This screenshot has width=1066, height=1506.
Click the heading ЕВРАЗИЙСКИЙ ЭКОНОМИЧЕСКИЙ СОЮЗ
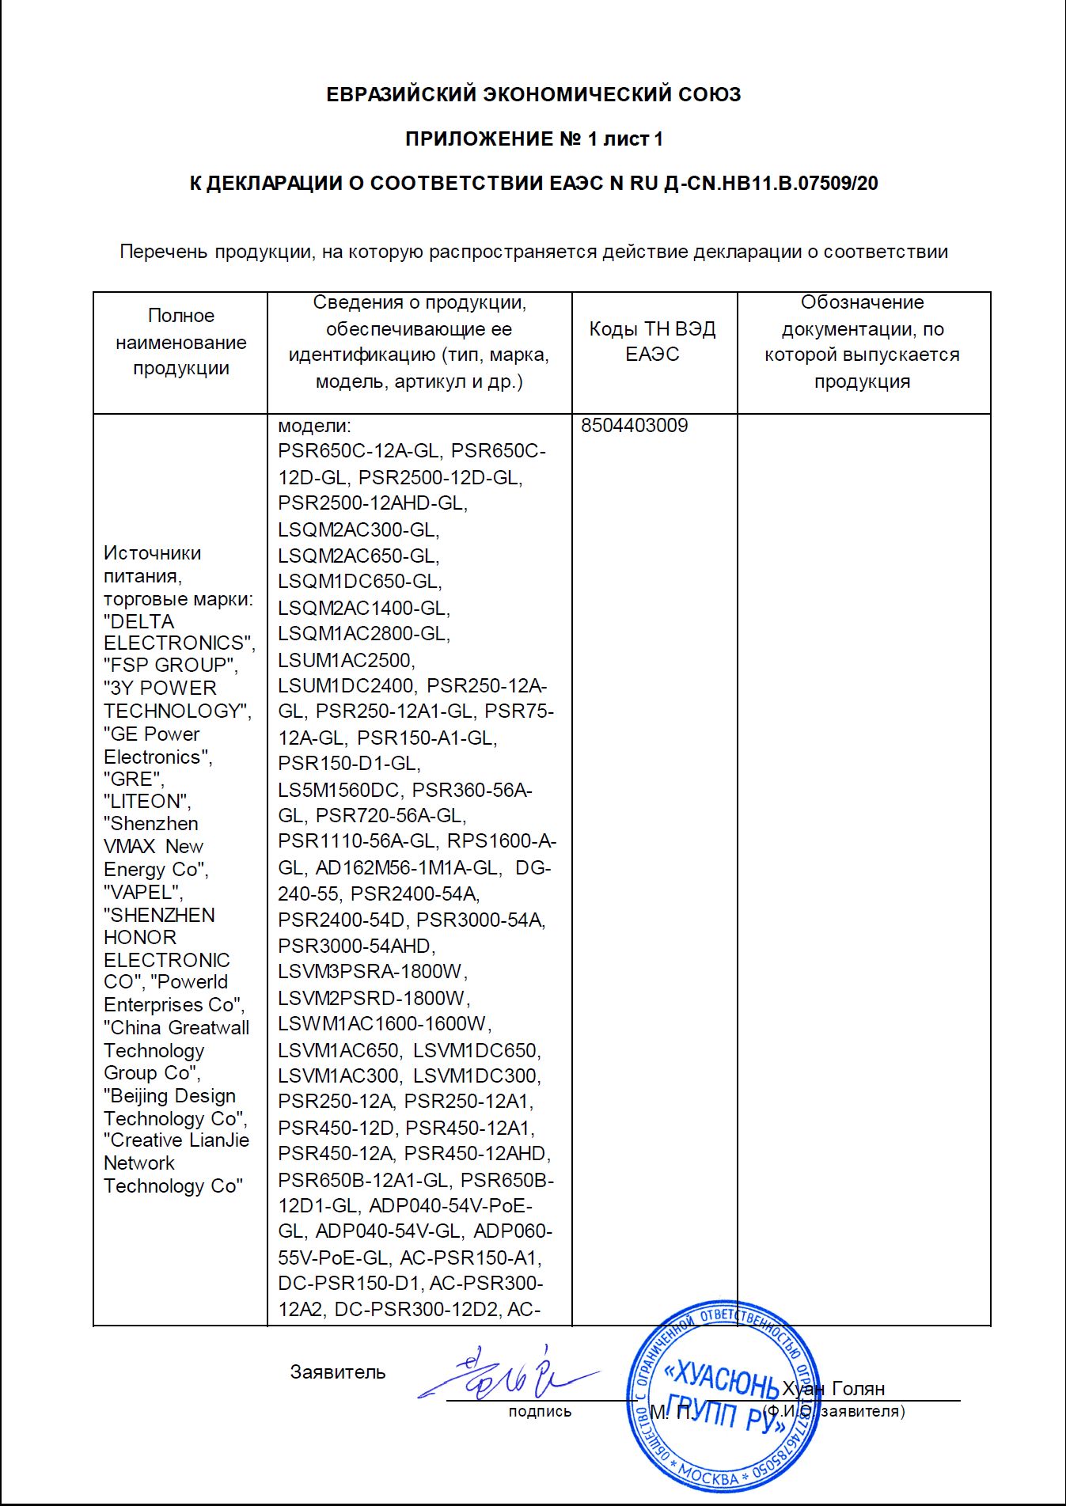click(x=533, y=95)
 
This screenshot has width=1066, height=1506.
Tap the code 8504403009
click(x=635, y=426)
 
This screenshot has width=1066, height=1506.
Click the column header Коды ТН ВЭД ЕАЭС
click(x=652, y=341)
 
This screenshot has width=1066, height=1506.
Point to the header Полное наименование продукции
click(x=180, y=342)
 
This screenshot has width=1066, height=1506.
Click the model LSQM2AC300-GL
click(x=358, y=529)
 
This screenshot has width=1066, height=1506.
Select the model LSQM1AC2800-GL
click(x=364, y=634)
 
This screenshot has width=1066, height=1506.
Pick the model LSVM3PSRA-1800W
click(x=373, y=972)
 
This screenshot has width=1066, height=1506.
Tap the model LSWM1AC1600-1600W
click(x=385, y=1024)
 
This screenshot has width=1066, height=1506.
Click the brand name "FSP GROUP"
click(x=171, y=666)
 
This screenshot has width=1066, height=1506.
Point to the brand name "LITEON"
click(x=147, y=802)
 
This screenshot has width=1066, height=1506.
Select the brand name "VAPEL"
click(x=143, y=893)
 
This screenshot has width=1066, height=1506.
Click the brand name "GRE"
click(x=134, y=780)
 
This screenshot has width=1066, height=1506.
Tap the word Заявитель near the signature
click(x=338, y=1372)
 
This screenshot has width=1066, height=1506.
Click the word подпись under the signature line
click(x=540, y=1411)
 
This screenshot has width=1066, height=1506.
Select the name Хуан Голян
click(x=833, y=1389)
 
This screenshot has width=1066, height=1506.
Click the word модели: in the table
click(x=314, y=426)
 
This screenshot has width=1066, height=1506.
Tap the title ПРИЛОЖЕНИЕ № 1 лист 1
click(x=533, y=139)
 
